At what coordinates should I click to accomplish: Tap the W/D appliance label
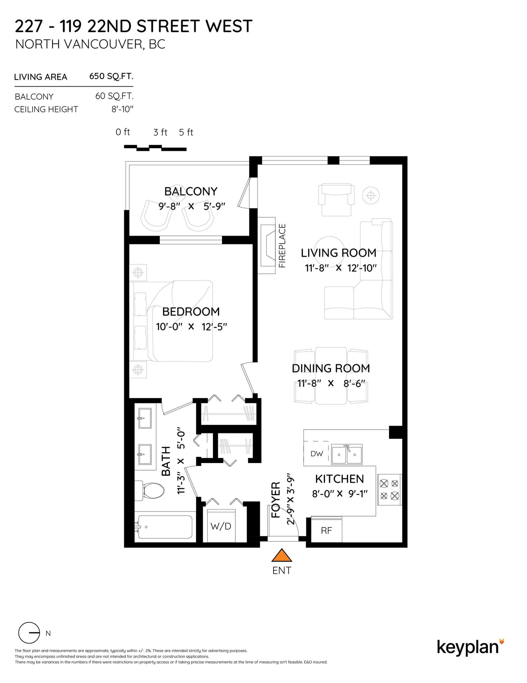point(221,526)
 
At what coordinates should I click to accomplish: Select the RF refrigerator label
point(326,531)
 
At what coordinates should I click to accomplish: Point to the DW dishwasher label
point(317,454)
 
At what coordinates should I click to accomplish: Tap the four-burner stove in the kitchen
point(389,490)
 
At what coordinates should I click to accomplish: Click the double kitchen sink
point(347,454)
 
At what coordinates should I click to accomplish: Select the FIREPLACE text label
point(282,246)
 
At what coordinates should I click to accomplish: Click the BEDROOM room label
point(191,312)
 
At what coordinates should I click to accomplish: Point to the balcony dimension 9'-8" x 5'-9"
point(192,206)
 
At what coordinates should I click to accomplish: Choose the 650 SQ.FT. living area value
point(111,77)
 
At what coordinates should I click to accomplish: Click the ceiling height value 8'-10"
point(122,109)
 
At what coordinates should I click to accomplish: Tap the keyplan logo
point(470,647)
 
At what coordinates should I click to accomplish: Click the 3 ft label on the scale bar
point(160,132)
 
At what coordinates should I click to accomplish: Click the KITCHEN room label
point(339,479)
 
